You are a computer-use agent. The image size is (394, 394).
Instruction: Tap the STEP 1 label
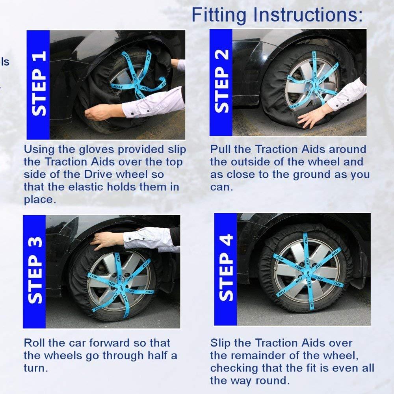[x=39, y=84]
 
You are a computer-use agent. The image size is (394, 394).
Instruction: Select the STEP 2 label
[x=221, y=81]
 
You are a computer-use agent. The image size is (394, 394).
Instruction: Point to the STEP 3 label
[x=35, y=270]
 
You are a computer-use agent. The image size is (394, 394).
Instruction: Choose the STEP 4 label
[x=226, y=268]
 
